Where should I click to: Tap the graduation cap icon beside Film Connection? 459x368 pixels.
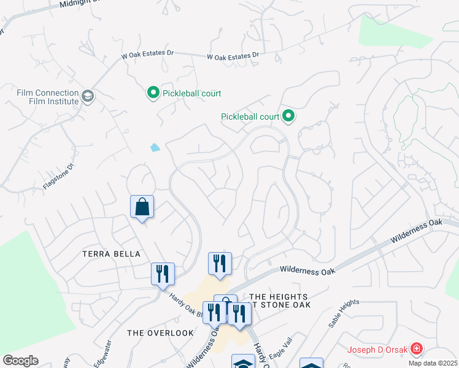pyautogui.click(x=88, y=96)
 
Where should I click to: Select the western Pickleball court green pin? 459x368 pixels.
pyautogui.click(x=153, y=93)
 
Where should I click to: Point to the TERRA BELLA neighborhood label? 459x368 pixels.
pyautogui.click(x=112, y=254)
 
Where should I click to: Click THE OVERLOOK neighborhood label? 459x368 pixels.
pyautogui.click(x=160, y=332)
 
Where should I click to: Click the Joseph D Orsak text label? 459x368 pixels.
pyautogui.click(x=377, y=351)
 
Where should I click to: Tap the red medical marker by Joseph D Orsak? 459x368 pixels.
pyautogui.click(x=417, y=350)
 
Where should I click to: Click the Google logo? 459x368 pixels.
pyautogui.click(x=20, y=361)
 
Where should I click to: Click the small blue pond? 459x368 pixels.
pyautogui.click(x=155, y=147)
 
